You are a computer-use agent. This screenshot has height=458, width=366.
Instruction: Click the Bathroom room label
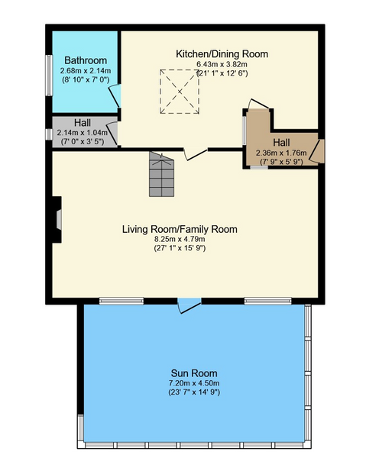point(86,60)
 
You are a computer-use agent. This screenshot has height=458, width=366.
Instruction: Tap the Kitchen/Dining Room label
point(222,54)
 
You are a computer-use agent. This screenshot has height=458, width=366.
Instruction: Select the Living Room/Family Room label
point(180,229)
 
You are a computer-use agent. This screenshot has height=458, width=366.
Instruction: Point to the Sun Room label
point(194,373)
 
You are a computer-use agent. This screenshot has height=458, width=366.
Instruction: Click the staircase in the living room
point(161,174)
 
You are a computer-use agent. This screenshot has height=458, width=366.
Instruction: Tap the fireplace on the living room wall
point(57,220)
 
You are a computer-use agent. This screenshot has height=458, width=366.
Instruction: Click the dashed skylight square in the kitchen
point(180,92)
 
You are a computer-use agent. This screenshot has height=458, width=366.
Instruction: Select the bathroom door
point(115,96)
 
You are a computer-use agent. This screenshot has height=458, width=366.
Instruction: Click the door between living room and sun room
point(189,305)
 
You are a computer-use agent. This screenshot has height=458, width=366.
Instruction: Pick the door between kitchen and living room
point(196,154)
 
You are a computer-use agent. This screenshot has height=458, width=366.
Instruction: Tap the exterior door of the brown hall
point(317,151)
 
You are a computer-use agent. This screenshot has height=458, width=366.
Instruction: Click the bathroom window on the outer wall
point(49,76)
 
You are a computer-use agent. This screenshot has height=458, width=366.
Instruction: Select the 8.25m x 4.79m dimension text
point(180,239)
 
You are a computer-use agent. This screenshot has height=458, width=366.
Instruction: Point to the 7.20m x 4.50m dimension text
point(194,383)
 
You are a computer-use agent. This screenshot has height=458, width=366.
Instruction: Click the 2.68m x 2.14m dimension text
point(86,71)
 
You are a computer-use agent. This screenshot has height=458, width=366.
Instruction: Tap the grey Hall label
point(83,123)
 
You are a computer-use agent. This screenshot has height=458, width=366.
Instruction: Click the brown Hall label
point(281,143)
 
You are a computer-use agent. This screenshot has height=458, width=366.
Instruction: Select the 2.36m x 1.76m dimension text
point(281,153)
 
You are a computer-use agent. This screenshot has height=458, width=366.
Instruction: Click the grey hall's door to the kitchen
point(112,133)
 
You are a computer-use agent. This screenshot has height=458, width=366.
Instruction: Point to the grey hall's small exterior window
point(49,134)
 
